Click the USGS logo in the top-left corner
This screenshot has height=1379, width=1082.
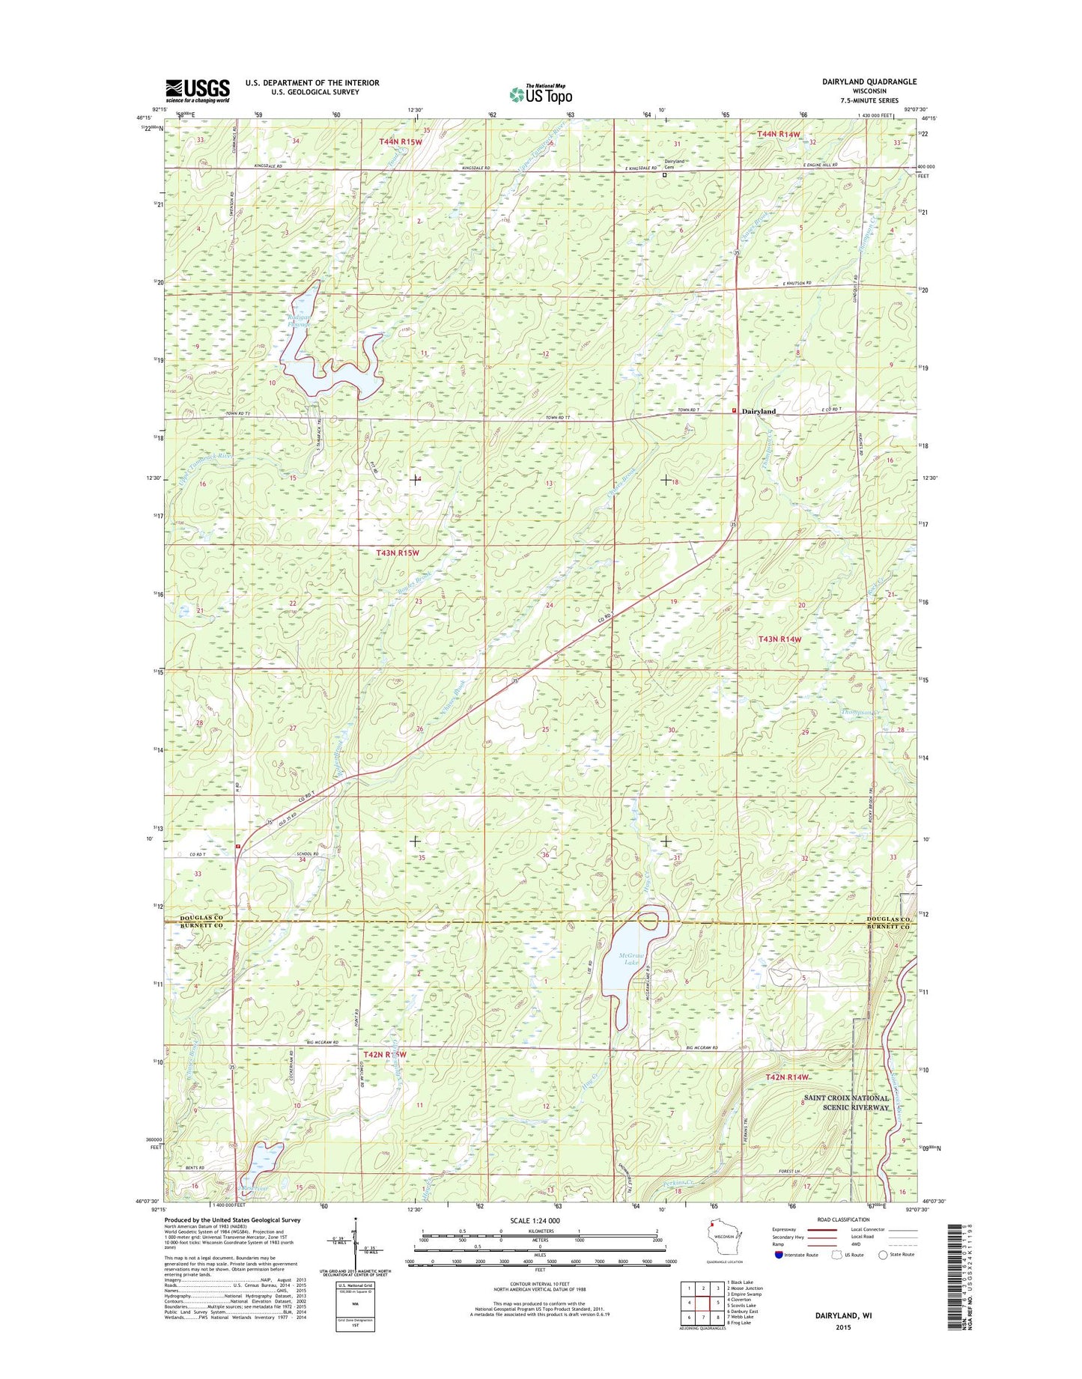(x=197, y=91)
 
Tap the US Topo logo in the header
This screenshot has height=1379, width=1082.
(x=541, y=94)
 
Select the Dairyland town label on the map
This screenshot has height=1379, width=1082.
(x=759, y=412)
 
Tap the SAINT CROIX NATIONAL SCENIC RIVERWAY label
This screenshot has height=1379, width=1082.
(x=845, y=1102)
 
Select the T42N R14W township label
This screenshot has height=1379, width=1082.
(x=788, y=1077)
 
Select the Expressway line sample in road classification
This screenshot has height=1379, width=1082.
(x=821, y=1251)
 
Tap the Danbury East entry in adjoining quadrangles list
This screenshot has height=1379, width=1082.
(x=742, y=1311)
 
